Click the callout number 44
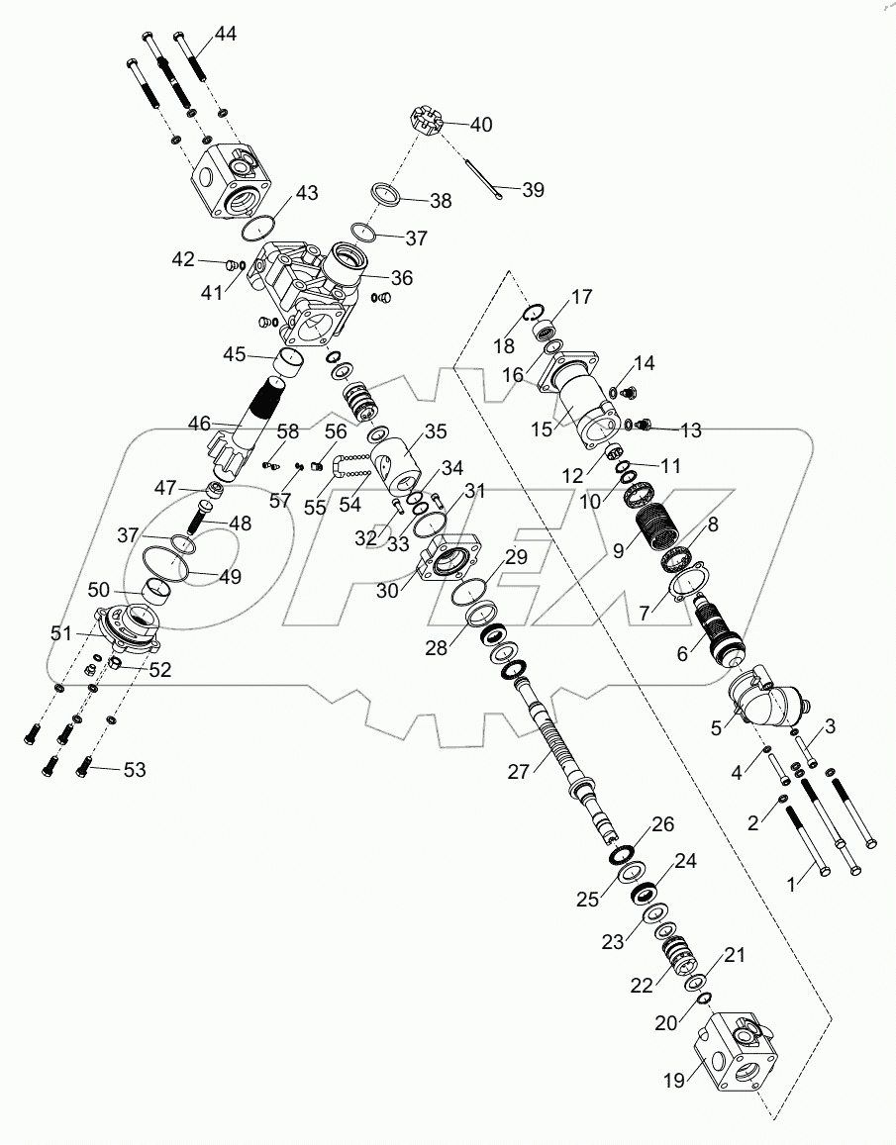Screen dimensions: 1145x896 coord(225,34)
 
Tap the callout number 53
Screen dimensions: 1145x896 coord(134,769)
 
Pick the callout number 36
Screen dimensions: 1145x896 coord(401,278)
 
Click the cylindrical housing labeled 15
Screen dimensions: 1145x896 coord(592,407)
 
